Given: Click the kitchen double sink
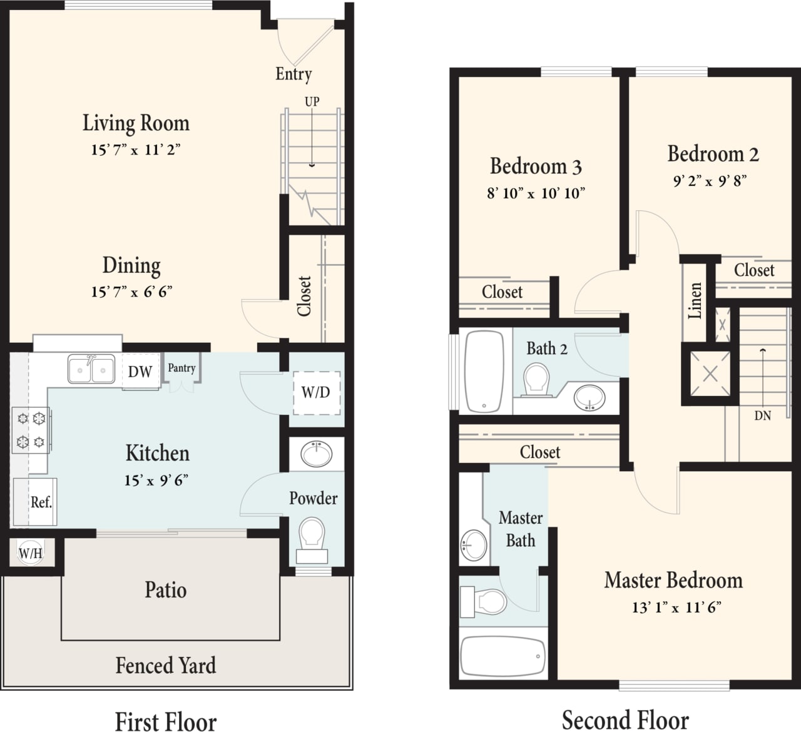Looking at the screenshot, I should pyautogui.click(x=91, y=369).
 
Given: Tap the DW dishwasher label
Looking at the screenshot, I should pyautogui.click(x=140, y=372).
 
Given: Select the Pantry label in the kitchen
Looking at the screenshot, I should pyautogui.click(x=181, y=368).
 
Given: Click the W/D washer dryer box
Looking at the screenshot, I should pyautogui.click(x=316, y=392).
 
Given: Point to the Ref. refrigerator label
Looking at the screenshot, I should pyautogui.click(x=41, y=502).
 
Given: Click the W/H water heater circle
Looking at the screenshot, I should pyautogui.click(x=30, y=553).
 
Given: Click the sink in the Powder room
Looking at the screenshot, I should pyautogui.click(x=317, y=454).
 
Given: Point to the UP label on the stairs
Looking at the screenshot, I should pyautogui.click(x=312, y=101).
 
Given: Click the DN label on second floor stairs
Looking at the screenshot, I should pyautogui.click(x=762, y=415).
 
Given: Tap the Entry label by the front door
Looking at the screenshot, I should pyautogui.click(x=293, y=74).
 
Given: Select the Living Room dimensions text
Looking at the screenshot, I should pyautogui.click(x=136, y=150).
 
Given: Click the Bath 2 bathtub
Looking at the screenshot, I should pyautogui.click(x=484, y=370).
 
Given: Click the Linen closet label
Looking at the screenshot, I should pyautogui.click(x=695, y=301).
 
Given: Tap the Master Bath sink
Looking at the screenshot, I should pyautogui.click(x=474, y=545).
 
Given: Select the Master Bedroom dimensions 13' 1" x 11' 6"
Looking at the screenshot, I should pyautogui.click(x=676, y=607).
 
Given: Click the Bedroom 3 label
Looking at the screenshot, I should pyautogui.click(x=536, y=166).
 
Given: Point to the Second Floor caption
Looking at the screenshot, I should pyautogui.click(x=625, y=720).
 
